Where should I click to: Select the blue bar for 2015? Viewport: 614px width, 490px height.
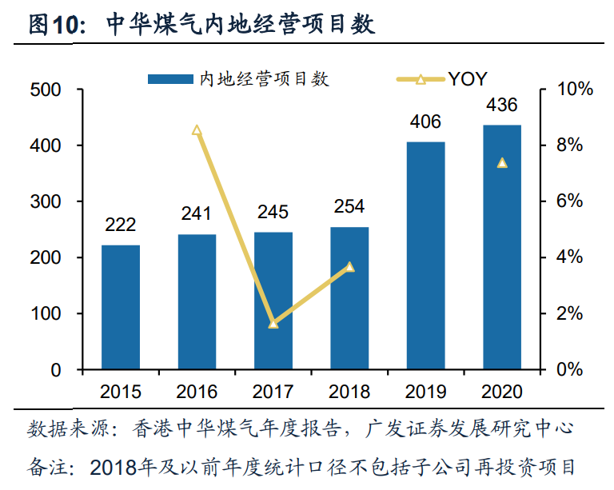[121, 307]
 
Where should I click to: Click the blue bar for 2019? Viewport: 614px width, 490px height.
[425, 256]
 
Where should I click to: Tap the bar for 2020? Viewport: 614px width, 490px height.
[502, 247]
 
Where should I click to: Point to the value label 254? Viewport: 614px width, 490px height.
[349, 206]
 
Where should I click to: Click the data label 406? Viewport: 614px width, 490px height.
[425, 122]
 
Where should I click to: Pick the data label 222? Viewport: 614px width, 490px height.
[120, 225]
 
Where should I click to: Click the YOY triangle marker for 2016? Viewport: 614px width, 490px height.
[197, 130]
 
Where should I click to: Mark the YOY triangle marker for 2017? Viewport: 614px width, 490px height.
[273, 324]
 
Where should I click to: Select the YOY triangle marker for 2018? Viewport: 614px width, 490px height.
[349, 267]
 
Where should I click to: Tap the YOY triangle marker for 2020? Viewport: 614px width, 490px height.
[502, 163]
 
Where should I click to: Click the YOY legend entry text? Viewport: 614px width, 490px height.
[468, 79]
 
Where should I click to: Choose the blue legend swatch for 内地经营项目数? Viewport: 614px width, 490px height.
[170, 79]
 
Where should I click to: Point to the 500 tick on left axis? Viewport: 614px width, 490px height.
[46, 90]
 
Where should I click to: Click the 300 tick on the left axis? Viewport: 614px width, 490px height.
[46, 202]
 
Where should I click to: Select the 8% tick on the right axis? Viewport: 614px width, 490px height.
[569, 145]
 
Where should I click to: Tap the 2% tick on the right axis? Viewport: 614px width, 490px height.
[569, 314]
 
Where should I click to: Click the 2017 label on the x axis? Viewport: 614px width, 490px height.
[273, 392]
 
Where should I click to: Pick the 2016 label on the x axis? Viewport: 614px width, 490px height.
[197, 392]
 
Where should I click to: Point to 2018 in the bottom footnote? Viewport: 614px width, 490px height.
[114, 468]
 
